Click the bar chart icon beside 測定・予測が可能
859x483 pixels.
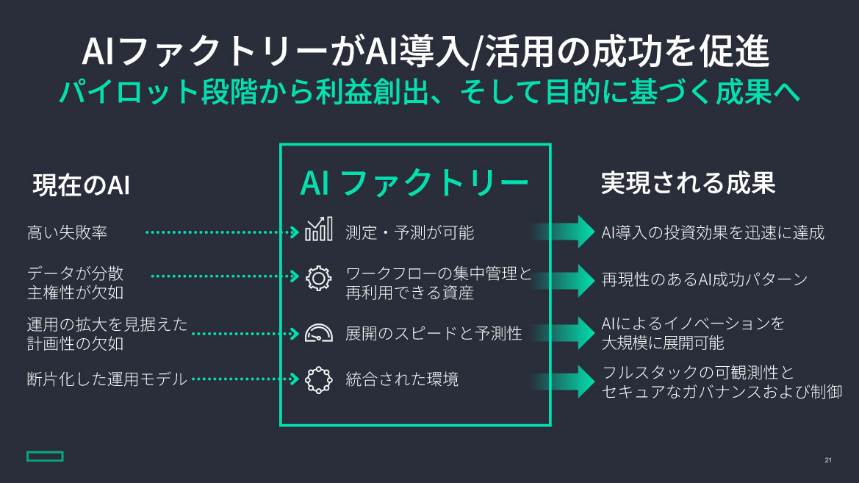pyautogui.click(x=318, y=231)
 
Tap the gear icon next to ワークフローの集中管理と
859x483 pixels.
pyautogui.click(x=318, y=277)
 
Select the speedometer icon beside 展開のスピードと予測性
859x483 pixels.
pyautogui.click(x=318, y=333)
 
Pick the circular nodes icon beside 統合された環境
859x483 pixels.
pyautogui.click(x=318, y=379)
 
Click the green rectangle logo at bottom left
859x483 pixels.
pyautogui.click(x=45, y=457)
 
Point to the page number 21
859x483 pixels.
pyautogui.click(x=828, y=460)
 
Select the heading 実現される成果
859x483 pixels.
pyautogui.click(x=688, y=183)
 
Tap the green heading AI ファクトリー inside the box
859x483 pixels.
pyautogui.click(x=414, y=184)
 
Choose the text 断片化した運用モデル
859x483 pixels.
pyautogui.click(x=107, y=379)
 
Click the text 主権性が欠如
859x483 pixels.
pyautogui.click(x=76, y=293)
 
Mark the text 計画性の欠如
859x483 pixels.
pyautogui.click(x=76, y=343)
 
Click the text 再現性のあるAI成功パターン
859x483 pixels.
pyautogui.click(x=704, y=279)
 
